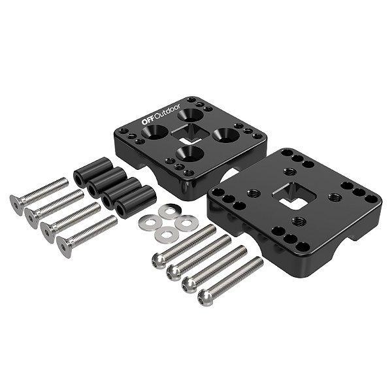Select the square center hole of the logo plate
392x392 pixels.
pyautogui.click(x=189, y=133)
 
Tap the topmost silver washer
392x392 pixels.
pyautogui.click(x=169, y=212)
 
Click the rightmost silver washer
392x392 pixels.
pyautogui.click(x=186, y=223)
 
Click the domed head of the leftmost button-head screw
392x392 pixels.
pyautogui.click(x=159, y=261)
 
